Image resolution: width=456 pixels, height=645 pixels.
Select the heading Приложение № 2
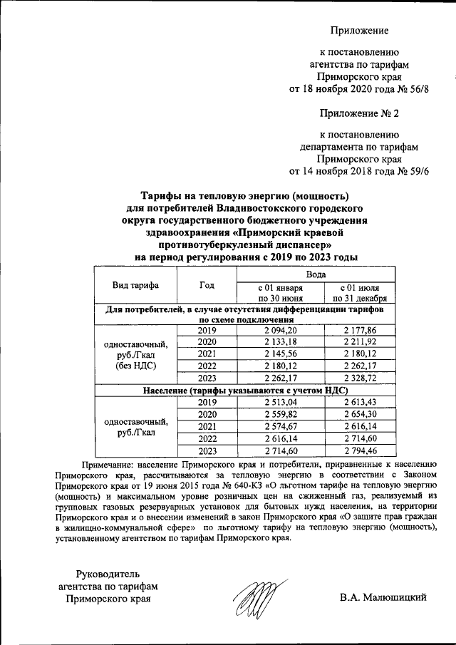(x=358, y=113)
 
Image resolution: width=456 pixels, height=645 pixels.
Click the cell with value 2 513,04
(x=280, y=402)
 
